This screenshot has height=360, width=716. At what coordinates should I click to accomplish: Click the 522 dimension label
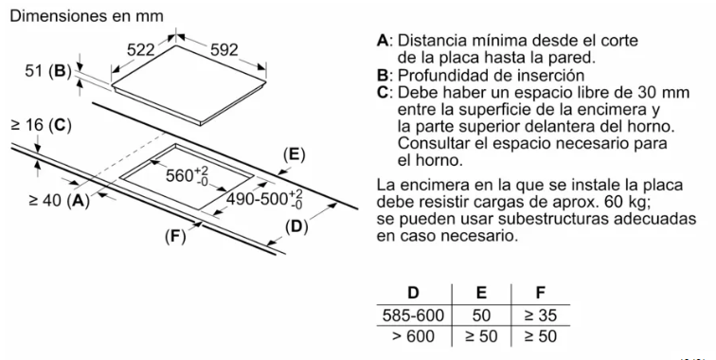pyautogui.click(x=140, y=50)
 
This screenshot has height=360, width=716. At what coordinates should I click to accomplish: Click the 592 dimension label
pyautogui.click(x=224, y=50)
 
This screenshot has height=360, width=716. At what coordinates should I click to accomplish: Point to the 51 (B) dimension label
pyautogui.click(x=48, y=71)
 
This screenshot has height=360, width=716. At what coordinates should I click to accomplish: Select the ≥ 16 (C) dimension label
pyautogui.click(x=41, y=125)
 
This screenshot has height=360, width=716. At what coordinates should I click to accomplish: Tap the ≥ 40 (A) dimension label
pyautogui.click(x=59, y=200)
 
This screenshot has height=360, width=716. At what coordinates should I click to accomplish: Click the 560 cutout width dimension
pyautogui.click(x=187, y=175)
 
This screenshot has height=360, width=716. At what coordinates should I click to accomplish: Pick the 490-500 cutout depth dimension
pyautogui.click(x=264, y=199)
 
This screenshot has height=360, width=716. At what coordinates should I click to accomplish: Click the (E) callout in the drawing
pyautogui.click(x=294, y=154)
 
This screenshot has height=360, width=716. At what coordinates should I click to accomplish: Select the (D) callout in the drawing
pyautogui.click(x=296, y=226)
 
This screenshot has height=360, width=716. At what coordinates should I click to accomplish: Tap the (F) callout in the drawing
pyautogui.click(x=175, y=236)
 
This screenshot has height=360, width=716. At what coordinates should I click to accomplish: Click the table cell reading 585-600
pyautogui.click(x=413, y=315)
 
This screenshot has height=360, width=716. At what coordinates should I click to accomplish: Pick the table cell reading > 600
pyautogui.click(x=413, y=336)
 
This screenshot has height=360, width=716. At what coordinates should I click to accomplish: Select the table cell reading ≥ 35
pyautogui.click(x=541, y=315)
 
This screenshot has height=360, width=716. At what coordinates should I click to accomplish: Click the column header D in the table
pyautogui.click(x=413, y=293)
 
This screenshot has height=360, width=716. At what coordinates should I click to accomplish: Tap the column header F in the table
pyautogui.click(x=541, y=293)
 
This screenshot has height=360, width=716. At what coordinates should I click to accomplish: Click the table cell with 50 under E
pyautogui.click(x=481, y=315)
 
